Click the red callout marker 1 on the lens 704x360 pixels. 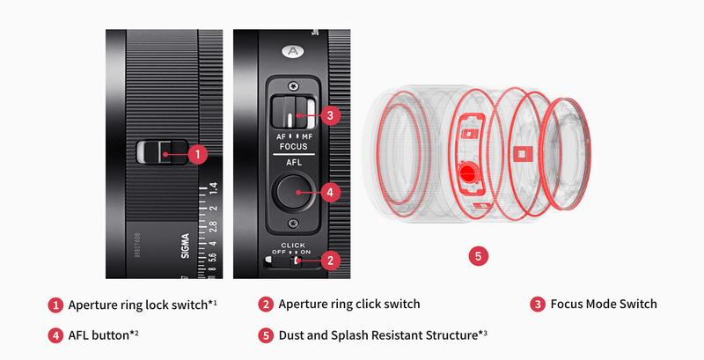click(197, 154)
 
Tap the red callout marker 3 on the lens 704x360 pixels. click(330, 115)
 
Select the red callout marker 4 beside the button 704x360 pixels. click(330, 193)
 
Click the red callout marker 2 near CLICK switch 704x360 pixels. click(331, 261)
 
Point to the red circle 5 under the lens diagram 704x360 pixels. click(478, 256)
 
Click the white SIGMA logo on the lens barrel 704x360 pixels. click(185, 246)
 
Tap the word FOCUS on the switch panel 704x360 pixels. click(294, 146)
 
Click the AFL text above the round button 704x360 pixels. click(294, 163)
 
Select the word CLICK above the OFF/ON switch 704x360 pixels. click(293, 245)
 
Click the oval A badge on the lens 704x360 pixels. click(293, 52)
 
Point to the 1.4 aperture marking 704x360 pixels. click(213, 187)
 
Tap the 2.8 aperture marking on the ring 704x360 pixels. click(213, 227)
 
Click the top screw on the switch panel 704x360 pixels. click(293, 84)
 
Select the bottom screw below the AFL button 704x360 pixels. click(293, 222)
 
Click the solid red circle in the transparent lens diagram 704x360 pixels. click(467, 173)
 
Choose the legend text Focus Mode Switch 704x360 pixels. click(604, 305)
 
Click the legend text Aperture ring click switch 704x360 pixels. click(349, 305)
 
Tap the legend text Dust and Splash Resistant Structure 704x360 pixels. click(378, 335)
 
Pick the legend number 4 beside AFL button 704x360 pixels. click(55, 335)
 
